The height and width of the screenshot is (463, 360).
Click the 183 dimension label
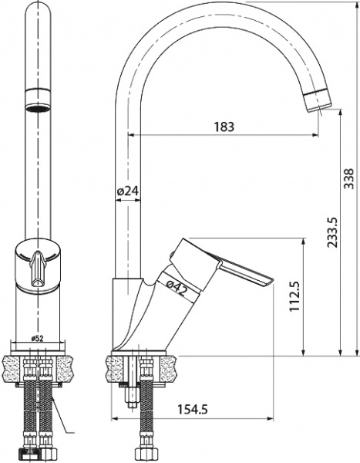(224, 126)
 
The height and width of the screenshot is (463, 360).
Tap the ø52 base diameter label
(37, 337)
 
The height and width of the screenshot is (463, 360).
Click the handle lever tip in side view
(270, 281)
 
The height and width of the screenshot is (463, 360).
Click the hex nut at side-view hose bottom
(143, 456)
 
